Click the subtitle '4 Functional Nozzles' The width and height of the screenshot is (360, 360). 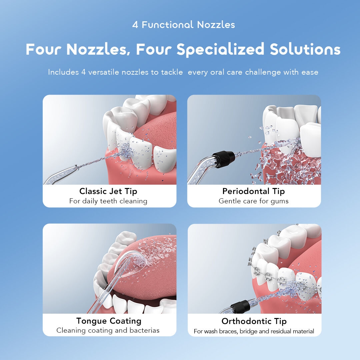point(183,25)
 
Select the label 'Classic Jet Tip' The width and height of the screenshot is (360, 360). point(108,191)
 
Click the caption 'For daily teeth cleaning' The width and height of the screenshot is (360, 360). point(108,201)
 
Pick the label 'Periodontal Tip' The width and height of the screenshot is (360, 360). point(254,191)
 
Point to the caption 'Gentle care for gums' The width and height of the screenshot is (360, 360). point(254,201)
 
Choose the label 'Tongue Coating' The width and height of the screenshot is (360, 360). point(109,321)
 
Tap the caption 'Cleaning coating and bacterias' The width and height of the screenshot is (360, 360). point(108,331)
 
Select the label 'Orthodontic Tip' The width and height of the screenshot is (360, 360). point(254,321)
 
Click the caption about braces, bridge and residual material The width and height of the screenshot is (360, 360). point(254,331)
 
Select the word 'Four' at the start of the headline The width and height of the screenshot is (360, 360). point(44,49)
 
